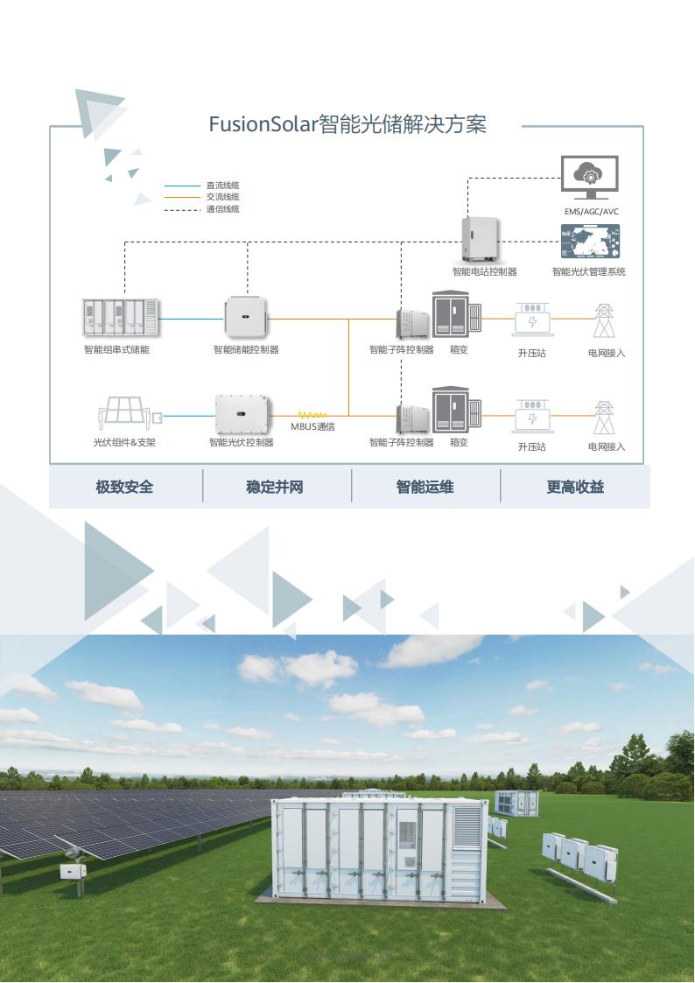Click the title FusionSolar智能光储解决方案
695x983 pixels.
(347, 124)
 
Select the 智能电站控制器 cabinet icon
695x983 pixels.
(481, 239)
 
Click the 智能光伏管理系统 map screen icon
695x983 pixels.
(590, 241)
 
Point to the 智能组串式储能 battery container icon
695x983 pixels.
(121, 319)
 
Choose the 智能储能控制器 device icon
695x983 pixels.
(246, 317)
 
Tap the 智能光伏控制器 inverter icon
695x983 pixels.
(241, 414)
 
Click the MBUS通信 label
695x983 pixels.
(312, 427)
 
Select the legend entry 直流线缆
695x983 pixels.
(222, 186)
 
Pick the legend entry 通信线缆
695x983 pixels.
(222, 209)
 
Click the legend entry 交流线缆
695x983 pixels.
(222, 197)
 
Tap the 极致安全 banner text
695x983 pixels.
(124, 487)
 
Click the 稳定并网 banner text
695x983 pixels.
(275, 487)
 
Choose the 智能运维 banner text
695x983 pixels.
(425, 487)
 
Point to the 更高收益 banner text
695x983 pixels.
(575, 487)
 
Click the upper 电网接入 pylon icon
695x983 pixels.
(604, 321)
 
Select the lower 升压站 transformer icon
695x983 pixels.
(531, 418)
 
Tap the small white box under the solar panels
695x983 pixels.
(70, 871)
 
